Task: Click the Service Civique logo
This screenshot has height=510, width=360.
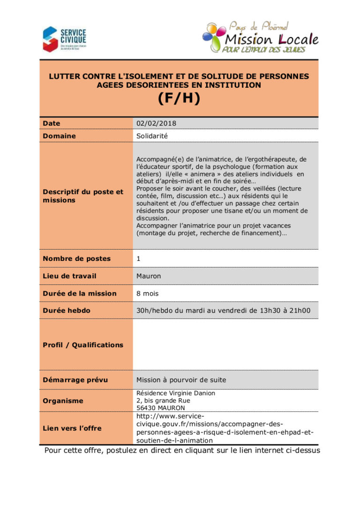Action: pyautogui.click(x=64, y=39)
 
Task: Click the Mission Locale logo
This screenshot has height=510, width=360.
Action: pyautogui.click(x=261, y=38)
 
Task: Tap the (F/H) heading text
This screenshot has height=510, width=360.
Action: pyautogui.click(x=179, y=99)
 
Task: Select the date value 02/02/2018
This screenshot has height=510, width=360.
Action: pyautogui.click(x=156, y=123)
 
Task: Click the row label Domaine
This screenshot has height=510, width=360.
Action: pyautogui.click(x=59, y=136)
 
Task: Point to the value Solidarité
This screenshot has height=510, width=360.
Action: pyautogui.click(x=152, y=136)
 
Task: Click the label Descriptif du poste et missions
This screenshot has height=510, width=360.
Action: pyautogui.click(x=83, y=196)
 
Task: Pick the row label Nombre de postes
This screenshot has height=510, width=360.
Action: pyautogui.click(x=76, y=259)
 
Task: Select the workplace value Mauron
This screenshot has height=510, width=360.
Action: pyautogui.click(x=148, y=276)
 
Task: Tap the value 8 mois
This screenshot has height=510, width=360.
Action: pyautogui.click(x=148, y=293)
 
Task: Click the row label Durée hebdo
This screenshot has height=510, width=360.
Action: pyautogui.click(x=67, y=311)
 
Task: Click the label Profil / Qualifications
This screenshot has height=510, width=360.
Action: pyautogui.click(x=83, y=345)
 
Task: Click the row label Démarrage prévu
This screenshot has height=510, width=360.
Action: pyautogui.click(x=75, y=380)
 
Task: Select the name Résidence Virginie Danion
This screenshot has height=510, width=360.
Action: pyautogui.click(x=176, y=393)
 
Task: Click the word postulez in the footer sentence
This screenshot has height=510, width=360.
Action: pyautogui.click(x=125, y=451)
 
